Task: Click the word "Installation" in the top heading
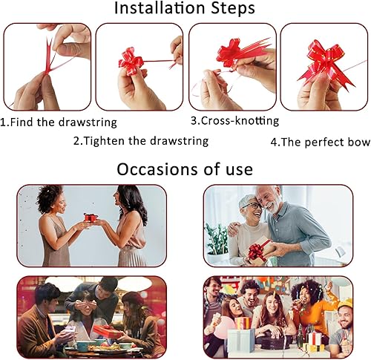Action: pos(160,8)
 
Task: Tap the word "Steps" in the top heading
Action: pos(233,9)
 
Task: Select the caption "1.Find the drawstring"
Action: pos(59,122)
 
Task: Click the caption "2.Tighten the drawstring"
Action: pos(141,141)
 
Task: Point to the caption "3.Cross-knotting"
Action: pos(235,121)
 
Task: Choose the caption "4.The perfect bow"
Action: pos(321,142)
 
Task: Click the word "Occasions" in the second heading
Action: pos(157,169)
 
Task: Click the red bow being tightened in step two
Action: pos(131,62)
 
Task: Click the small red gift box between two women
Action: pos(91,217)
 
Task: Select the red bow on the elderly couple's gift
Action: pos(257,251)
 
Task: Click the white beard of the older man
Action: pos(272,207)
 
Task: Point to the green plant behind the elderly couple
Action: pos(216,238)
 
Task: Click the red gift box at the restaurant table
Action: pos(107,332)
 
